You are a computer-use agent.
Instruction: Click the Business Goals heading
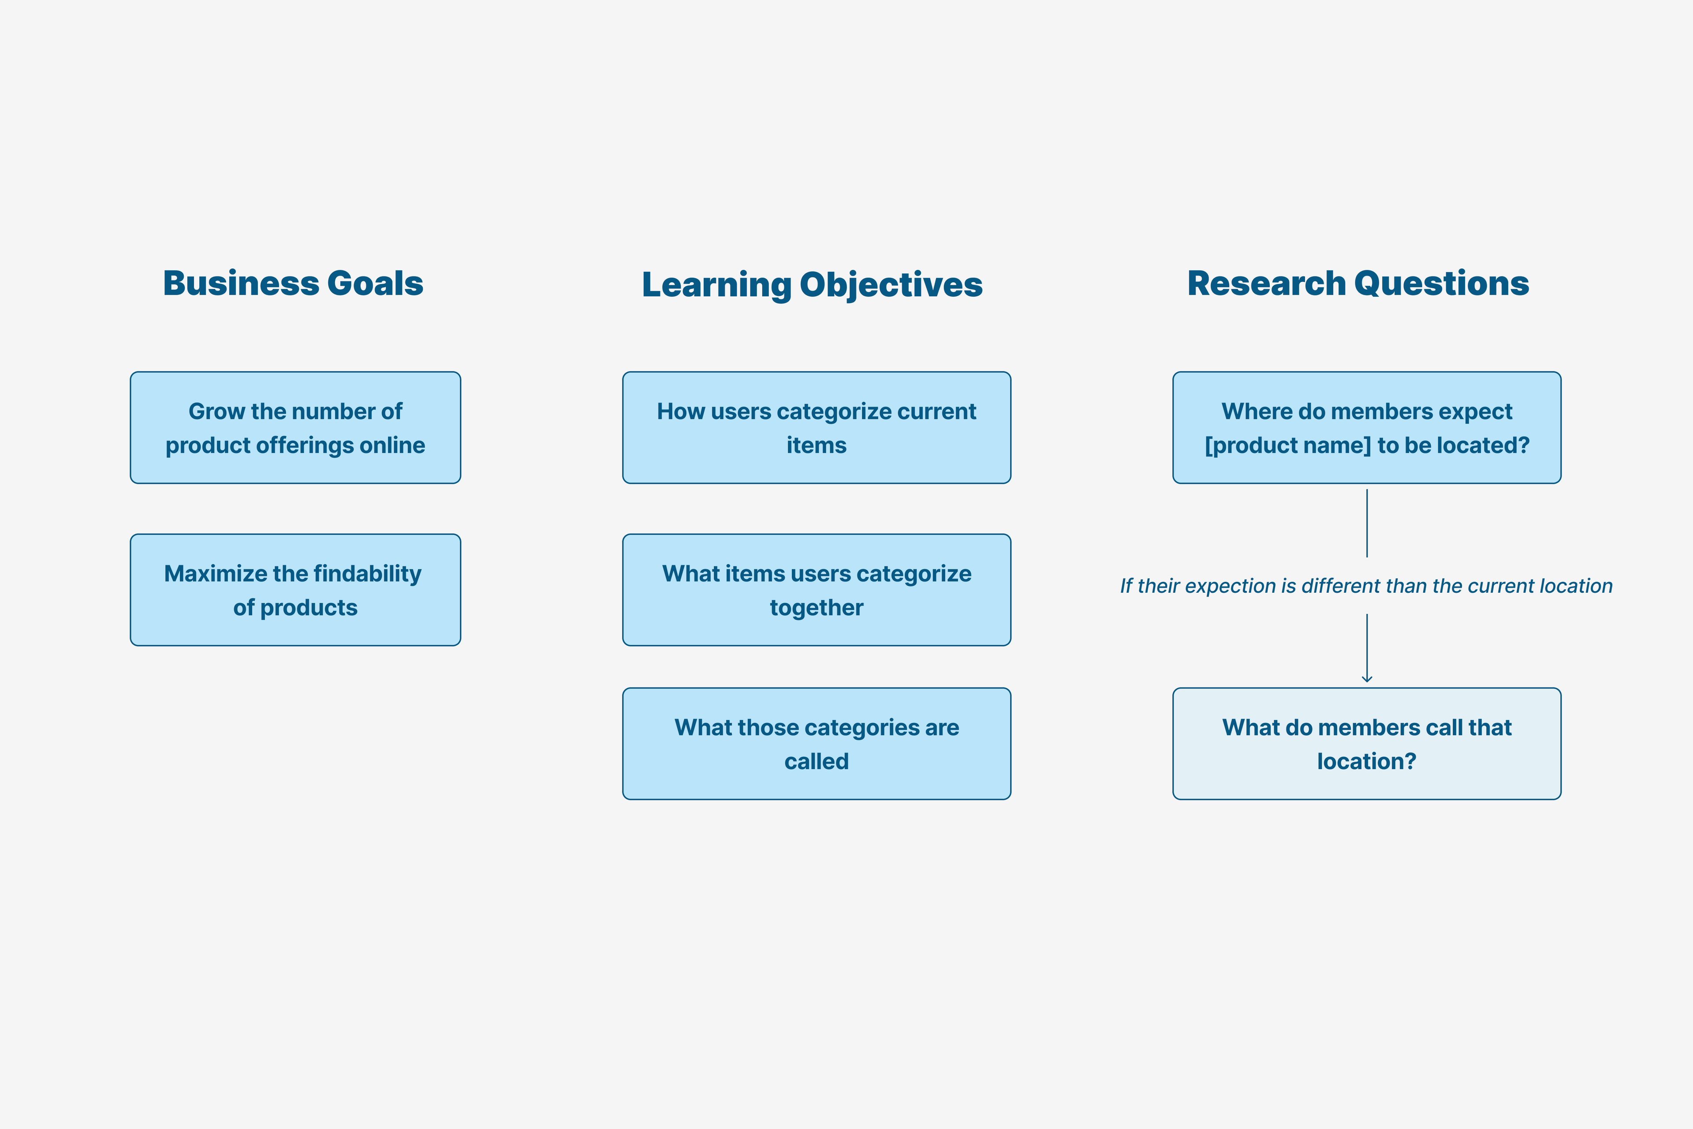point(293,283)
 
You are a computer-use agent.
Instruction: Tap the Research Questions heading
point(1357,283)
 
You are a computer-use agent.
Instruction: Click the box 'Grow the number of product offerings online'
point(295,428)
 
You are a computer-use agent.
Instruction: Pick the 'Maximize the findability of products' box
point(295,590)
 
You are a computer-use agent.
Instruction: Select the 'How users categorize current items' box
point(816,428)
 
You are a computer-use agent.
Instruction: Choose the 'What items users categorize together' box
point(816,590)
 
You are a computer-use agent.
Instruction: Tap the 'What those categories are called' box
point(816,744)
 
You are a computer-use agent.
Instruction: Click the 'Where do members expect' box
point(1367,428)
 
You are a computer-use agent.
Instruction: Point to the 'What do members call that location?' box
point(1367,744)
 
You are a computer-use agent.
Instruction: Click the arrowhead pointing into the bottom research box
point(1367,679)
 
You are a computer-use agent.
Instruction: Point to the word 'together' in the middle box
point(816,608)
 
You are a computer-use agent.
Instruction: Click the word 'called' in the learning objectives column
point(816,761)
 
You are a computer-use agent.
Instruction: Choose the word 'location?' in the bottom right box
point(1367,761)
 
